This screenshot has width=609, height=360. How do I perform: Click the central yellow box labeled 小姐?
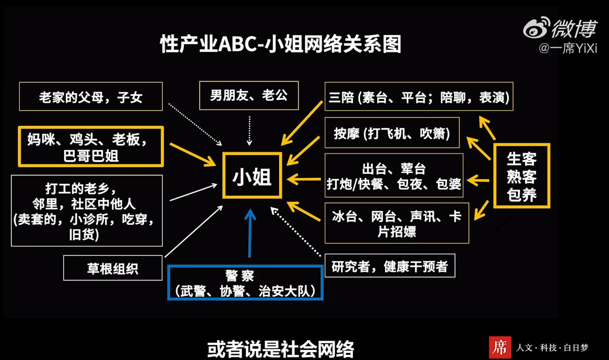coord(252,175)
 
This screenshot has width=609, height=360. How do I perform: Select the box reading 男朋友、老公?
coord(249,96)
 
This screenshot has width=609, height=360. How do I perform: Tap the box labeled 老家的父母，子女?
coord(91,97)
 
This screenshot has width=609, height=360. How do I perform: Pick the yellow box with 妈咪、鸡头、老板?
coord(91,147)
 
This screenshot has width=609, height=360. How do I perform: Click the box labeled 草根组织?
coord(113,268)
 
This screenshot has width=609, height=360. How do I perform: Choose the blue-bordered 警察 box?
coord(245,283)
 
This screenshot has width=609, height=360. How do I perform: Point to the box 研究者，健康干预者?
coord(390,266)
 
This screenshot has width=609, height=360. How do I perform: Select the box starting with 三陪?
coord(419,97)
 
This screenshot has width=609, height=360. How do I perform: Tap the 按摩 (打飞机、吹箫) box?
coord(392,133)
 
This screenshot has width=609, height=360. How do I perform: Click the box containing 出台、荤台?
coord(394,176)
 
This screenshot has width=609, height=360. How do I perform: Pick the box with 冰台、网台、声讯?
coord(397,223)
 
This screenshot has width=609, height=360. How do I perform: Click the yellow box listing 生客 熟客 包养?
coord(521,176)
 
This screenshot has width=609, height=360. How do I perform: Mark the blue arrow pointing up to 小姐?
coord(250,233)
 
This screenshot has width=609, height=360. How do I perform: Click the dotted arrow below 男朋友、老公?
coord(249,131)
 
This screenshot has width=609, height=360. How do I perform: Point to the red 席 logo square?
coord(500,347)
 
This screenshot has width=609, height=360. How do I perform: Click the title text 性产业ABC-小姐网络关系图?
coord(281,44)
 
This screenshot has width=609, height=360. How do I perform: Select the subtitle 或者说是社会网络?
coord(281,349)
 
